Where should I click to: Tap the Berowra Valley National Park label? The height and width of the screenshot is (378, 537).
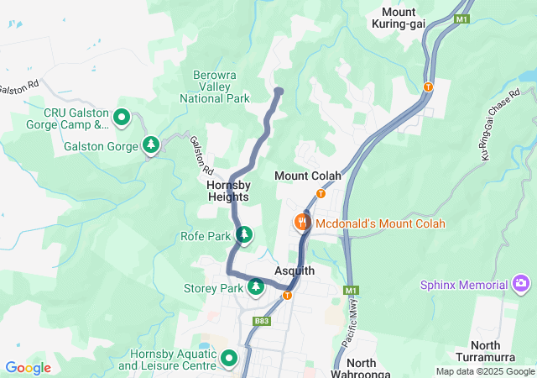215,87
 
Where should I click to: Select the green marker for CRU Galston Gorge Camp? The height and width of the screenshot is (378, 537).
122,118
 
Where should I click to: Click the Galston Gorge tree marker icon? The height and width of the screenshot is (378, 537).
151,145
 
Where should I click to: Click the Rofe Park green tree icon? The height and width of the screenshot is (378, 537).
243,235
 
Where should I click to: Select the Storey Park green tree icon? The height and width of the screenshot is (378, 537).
256,287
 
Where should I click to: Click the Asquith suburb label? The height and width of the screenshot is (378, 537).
295,270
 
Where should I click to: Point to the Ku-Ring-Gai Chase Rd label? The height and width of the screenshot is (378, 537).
500,130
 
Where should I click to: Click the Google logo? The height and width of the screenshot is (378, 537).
28,368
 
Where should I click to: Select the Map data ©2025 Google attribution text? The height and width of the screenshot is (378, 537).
484,371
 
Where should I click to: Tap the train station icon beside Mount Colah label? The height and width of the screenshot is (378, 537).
320,193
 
